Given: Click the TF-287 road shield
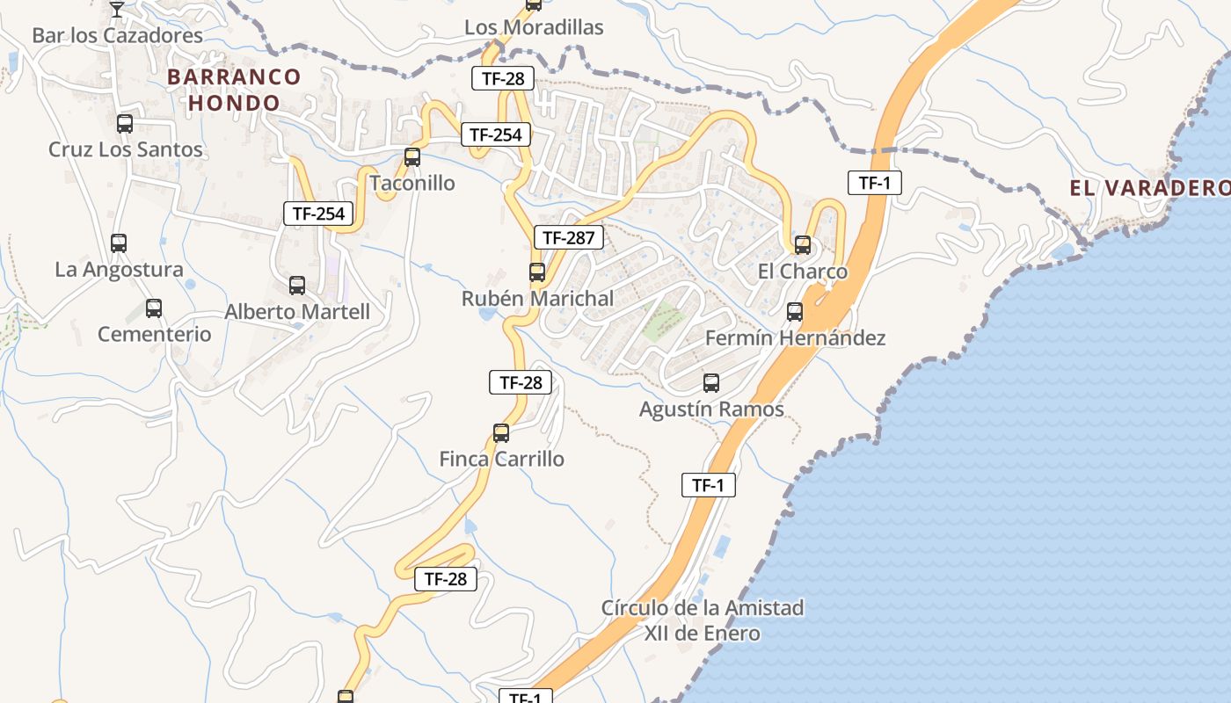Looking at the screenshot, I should [x=568, y=237].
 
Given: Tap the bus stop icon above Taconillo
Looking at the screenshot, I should [x=412, y=158].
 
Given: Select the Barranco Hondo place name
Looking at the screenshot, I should [x=234, y=90].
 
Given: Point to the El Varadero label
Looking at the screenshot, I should [x=1149, y=187].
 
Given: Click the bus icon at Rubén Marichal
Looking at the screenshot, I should [x=536, y=272].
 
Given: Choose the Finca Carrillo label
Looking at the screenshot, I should [x=501, y=459].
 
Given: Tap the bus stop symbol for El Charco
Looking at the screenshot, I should [x=802, y=245].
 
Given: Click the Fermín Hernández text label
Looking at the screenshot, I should [x=795, y=337].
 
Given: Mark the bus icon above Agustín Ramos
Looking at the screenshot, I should [x=710, y=383].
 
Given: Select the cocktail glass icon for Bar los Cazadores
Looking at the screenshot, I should [x=116, y=10].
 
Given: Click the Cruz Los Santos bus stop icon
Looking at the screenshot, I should [x=125, y=124].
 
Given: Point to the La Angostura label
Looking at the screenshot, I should [x=119, y=269].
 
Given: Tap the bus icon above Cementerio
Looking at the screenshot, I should [x=154, y=308].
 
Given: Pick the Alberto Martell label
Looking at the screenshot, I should [x=297, y=312].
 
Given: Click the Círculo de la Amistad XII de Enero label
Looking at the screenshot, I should [x=703, y=620].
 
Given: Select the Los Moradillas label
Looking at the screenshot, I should [x=534, y=27].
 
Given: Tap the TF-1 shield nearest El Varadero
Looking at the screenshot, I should [x=874, y=183].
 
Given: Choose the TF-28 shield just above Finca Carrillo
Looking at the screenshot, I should [x=521, y=382].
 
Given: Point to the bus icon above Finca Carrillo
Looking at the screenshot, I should [x=500, y=433].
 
